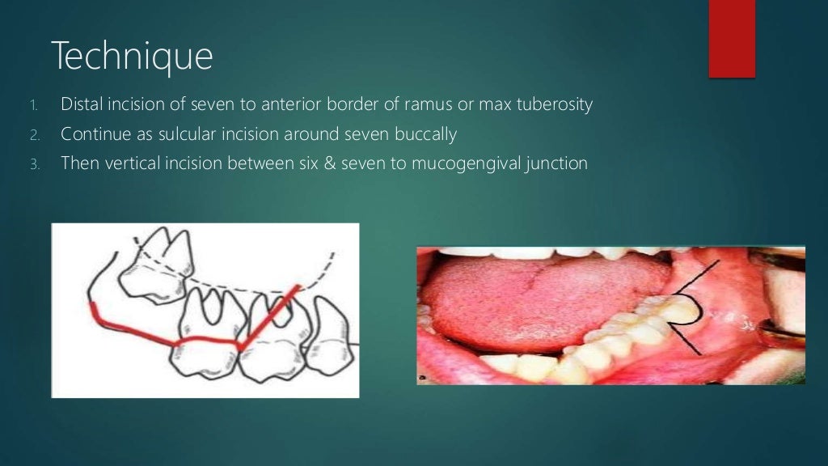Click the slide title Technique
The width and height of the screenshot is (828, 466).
point(132,57)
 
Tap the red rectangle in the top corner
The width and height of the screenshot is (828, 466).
point(731,38)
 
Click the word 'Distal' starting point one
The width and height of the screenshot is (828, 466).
point(81,105)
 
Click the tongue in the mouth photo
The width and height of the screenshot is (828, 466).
point(534,295)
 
